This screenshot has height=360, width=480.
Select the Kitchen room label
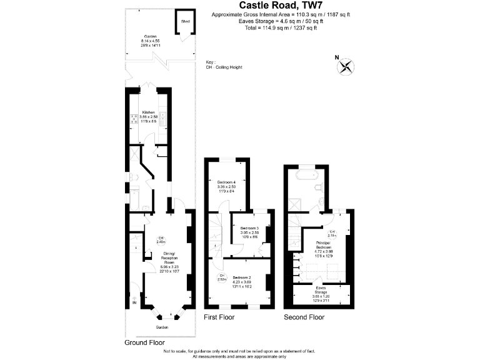coord(148,112)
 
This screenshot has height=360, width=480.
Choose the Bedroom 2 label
coord(241,277)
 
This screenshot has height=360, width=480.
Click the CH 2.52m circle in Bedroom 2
coord(221,278)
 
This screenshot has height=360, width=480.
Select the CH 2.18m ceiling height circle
coord(332,233)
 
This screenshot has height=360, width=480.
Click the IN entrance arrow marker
coord(134,303)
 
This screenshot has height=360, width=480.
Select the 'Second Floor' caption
coord(304,317)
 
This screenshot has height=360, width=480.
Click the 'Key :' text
coord(210,62)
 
